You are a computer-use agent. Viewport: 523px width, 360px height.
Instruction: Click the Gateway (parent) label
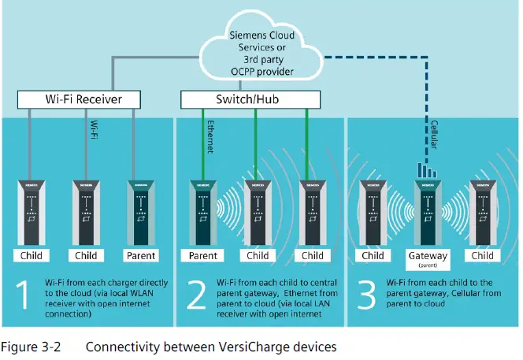click(428, 258)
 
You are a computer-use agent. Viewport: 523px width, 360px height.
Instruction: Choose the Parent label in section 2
click(202, 254)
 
